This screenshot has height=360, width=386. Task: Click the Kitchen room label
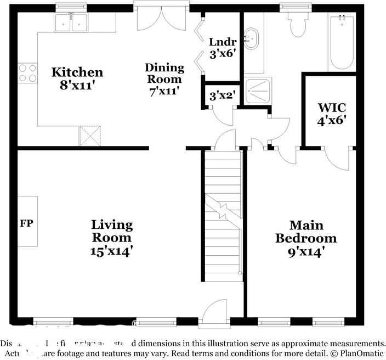[x=77, y=78]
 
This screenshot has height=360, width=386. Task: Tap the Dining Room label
[x=164, y=79]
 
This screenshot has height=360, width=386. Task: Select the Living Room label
[x=111, y=238]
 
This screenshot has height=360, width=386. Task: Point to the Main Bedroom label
[x=306, y=238]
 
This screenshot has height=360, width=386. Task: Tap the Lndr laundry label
[x=222, y=47]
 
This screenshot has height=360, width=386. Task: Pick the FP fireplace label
[x=26, y=223]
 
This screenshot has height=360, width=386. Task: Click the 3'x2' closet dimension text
[x=222, y=95]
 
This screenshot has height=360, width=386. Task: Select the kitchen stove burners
[x=27, y=73]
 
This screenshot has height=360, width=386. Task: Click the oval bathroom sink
[x=253, y=39]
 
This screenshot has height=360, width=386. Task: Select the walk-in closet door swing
[x=335, y=159]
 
